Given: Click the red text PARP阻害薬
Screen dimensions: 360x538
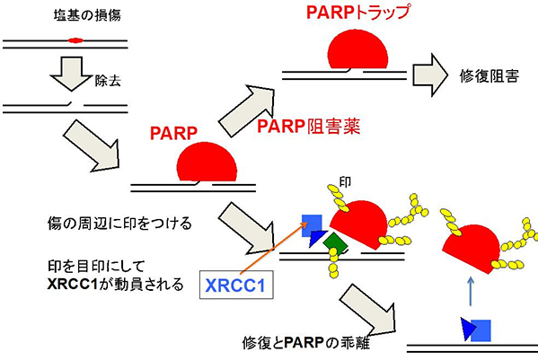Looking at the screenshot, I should (308, 127).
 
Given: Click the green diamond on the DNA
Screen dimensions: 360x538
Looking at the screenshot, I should (331, 242).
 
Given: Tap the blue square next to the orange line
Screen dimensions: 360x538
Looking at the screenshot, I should (312, 224).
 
